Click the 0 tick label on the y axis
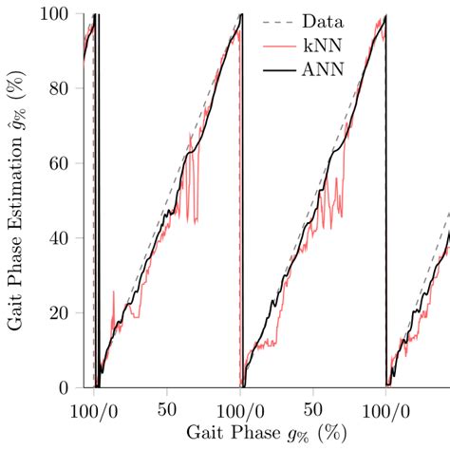[x=67, y=388]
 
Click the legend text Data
[x=322, y=21]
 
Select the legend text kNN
[x=322, y=45]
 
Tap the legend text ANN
[x=322, y=68]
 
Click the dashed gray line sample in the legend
[x=275, y=21]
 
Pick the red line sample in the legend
[x=275, y=45]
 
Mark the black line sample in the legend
[x=275, y=68]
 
